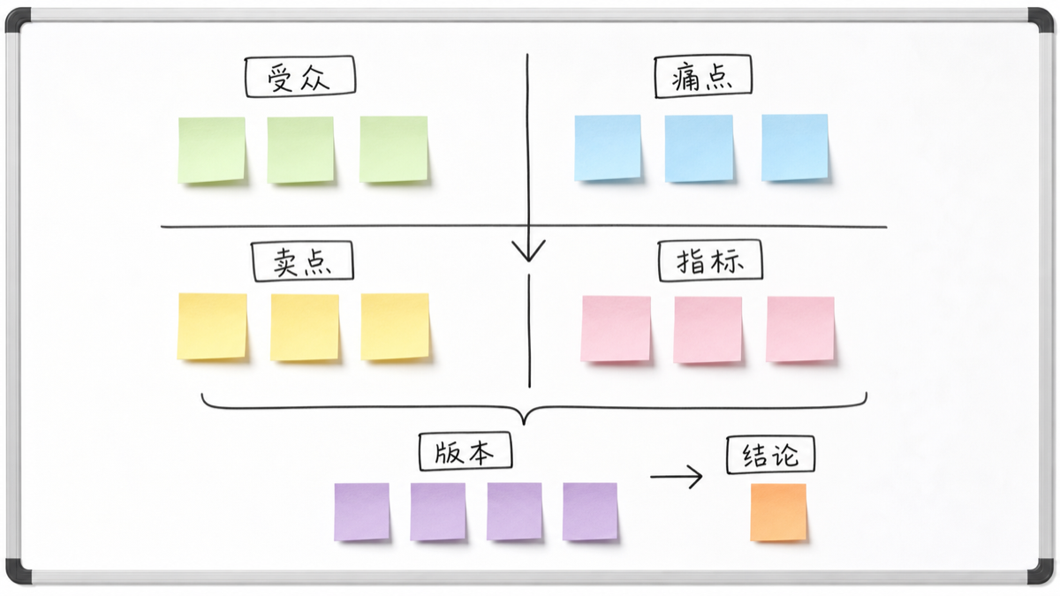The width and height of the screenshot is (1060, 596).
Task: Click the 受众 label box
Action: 300,77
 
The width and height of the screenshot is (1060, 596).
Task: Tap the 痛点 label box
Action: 703,77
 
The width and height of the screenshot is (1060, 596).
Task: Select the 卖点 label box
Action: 302,261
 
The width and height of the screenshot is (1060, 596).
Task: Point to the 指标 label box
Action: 710,260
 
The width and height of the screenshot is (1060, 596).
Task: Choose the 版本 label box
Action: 466,451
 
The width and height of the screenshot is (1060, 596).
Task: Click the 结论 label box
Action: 771,455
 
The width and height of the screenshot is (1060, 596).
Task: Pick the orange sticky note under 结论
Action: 778,512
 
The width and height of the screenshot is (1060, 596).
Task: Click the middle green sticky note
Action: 300,150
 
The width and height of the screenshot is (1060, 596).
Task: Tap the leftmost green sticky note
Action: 211,150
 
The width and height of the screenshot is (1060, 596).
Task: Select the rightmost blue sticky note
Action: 795,147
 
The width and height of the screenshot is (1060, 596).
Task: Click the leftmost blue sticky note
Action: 608,148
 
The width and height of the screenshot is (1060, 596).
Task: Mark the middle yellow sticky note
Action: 305,328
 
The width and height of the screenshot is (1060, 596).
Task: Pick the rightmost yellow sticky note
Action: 395,327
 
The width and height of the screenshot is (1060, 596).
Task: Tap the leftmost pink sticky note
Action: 616,329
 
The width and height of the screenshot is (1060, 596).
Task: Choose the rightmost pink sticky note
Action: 800,329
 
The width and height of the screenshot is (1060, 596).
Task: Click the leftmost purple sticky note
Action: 361,512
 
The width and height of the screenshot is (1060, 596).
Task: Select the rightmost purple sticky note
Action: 590,511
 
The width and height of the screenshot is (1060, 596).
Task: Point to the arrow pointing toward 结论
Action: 677,477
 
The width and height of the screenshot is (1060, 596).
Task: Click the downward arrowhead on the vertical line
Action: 528,251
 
